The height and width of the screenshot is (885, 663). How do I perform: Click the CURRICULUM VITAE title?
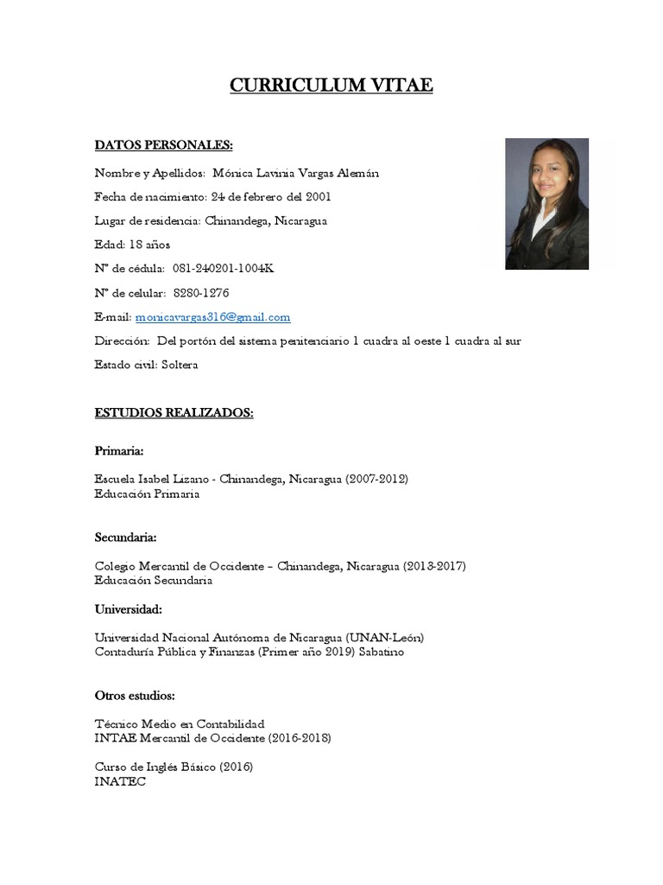pyautogui.click(x=331, y=85)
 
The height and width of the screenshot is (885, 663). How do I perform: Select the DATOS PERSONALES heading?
pyautogui.click(x=163, y=144)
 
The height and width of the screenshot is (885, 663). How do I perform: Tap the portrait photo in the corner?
pyautogui.click(x=546, y=204)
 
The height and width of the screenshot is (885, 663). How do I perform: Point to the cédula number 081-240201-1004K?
pyautogui.click(x=224, y=269)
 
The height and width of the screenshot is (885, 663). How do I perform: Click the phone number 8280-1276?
pyautogui.click(x=201, y=293)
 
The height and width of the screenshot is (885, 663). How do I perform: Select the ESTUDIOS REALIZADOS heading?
pyautogui.click(x=174, y=413)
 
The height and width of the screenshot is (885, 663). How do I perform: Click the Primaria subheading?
pyautogui.click(x=119, y=451)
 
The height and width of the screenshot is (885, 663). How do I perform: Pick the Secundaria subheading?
pyautogui.click(x=125, y=538)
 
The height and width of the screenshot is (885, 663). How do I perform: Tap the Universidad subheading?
pyautogui.click(x=128, y=608)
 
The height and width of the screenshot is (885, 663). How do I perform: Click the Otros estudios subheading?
pyautogui.click(x=135, y=695)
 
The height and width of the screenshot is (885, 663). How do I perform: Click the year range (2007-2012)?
pyautogui.click(x=376, y=479)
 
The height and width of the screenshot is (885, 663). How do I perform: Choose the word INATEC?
pyautogui.click(x=120, y=781)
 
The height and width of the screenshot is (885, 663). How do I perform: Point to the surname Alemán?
pyautogui.click(x=357, y=173)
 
